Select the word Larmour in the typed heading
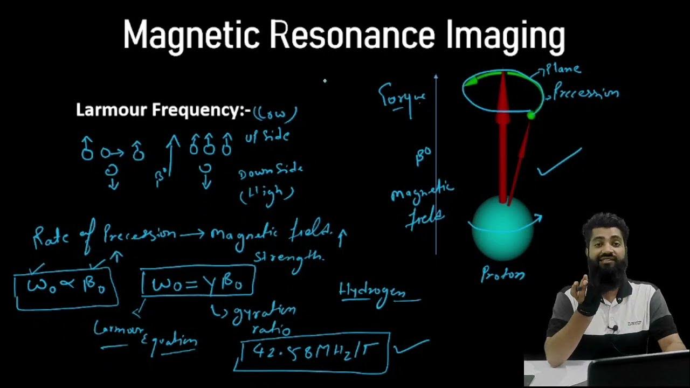click(x=112, y=110)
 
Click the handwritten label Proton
click(x=503, y=275)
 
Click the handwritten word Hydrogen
click(x=379, y=292)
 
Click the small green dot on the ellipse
click(x=531, y=115)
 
